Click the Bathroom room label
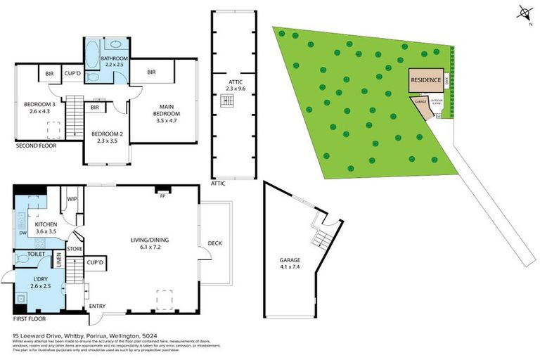point(112,62)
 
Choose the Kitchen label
point(46,227)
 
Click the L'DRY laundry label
point(41,282)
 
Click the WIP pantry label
point(72,199)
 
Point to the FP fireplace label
point(162,196)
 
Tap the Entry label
point(96,306)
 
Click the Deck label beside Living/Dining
point(214,243)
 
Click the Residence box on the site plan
point(426,80)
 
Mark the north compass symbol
point(524,13)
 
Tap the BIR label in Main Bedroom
point(152,72)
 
